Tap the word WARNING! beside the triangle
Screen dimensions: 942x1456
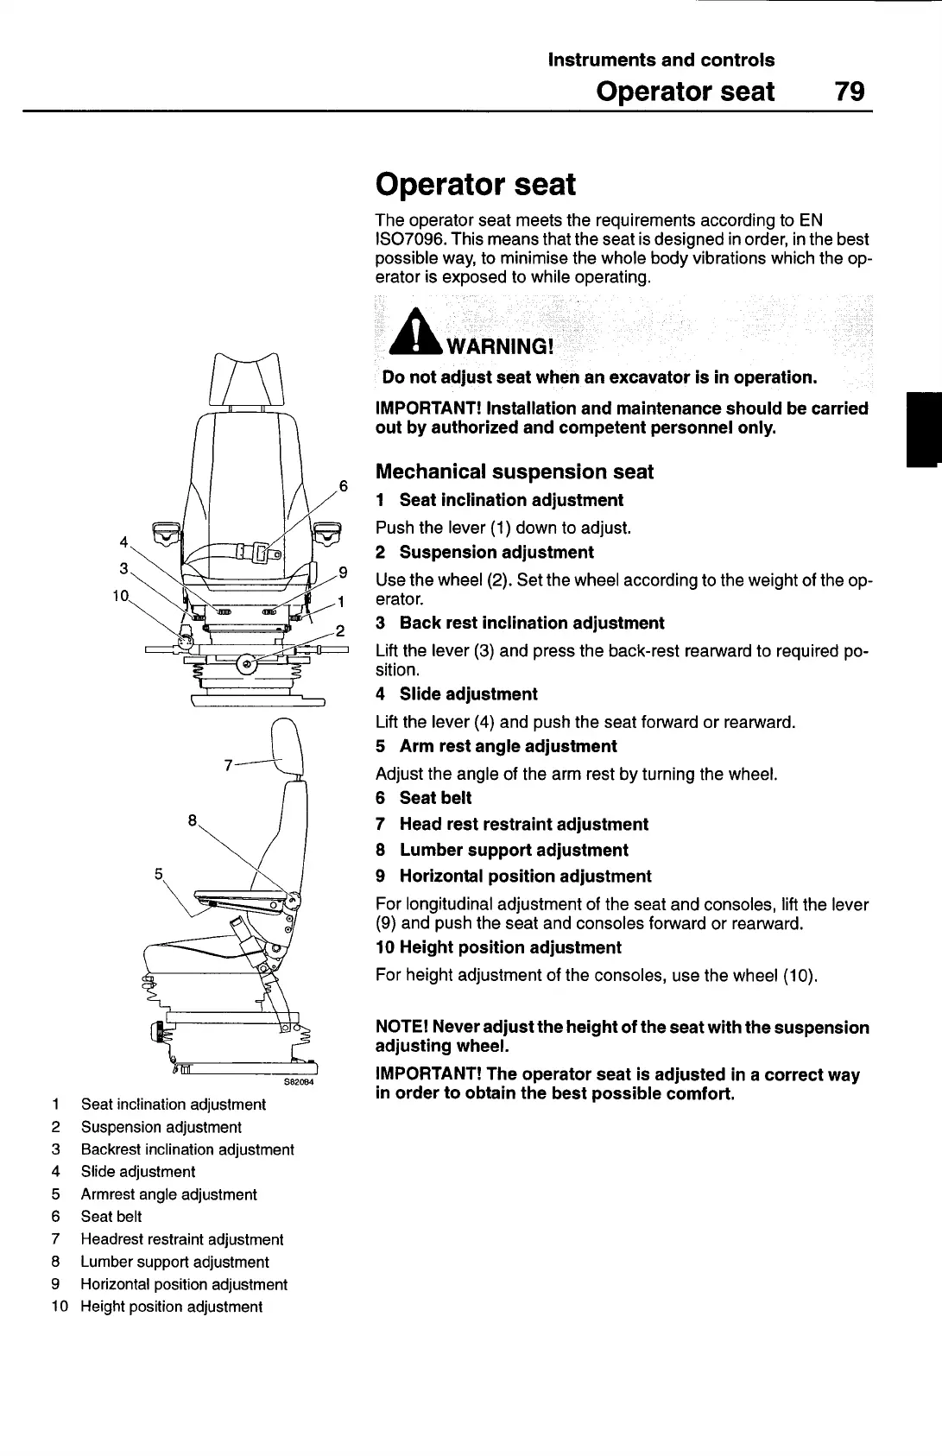[x=498, y=347]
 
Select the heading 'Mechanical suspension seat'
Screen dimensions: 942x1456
[x=515, y=472]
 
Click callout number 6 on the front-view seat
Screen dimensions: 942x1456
[x=342, y=485]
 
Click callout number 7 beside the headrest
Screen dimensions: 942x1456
[x=228, y=764]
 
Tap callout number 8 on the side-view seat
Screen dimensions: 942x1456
[x=193, y=820]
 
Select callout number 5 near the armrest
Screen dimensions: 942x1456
[x=159, y=873]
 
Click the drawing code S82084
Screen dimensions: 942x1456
[x=299, y=1081]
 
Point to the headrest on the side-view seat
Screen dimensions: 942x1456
[x=287, y=748]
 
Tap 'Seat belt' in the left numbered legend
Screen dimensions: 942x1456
[x=111, y=1217]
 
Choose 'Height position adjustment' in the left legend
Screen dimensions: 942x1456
[x=171, y=1307]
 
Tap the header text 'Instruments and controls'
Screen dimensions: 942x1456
[x=661, y=60]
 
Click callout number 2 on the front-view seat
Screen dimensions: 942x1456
[x=340, y=630]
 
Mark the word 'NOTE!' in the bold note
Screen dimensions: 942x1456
[x=401, y=1028]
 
